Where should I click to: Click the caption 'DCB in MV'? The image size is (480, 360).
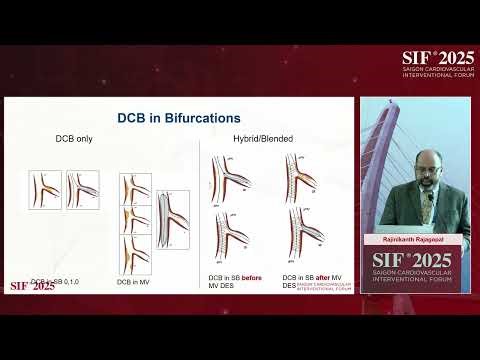[133, 282]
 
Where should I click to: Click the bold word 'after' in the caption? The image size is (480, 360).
[326, 277]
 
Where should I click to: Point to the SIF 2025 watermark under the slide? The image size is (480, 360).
[32, 286]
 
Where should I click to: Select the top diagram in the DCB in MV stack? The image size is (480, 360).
[135, 189]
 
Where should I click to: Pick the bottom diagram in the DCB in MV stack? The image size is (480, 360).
[135, 250]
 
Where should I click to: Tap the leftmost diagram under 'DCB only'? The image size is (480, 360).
[45, 189]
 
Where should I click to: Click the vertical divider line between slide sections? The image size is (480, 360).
[203, 210]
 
